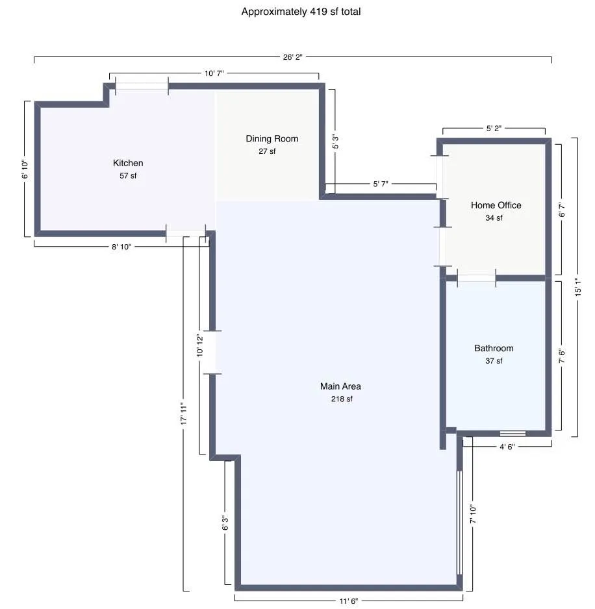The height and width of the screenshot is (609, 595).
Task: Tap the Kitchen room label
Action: click(x=128, y=163)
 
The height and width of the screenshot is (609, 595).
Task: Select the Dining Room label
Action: click(x=272, y=138)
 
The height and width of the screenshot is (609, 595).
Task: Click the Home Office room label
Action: click(x=496, y=205)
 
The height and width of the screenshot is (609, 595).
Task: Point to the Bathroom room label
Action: click(x=494, y=348)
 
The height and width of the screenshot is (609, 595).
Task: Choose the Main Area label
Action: click(x=340, y=386)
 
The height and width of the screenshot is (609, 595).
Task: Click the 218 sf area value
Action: click(x=341, y=399)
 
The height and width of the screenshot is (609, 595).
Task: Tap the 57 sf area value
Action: click(x=128, y=176)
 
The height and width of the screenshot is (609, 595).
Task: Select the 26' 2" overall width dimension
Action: click(x=292, y=57)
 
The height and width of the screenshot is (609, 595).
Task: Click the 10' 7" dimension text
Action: click(x=214, y=73)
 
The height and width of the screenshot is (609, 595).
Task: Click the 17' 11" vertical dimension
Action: click(x=184, y=413)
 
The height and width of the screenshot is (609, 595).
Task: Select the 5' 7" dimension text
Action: click(x=380, y=184)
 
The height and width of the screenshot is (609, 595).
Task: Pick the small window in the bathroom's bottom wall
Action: click(x=513, y=433)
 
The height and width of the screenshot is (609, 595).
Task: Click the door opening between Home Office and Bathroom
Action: click(x=476, y=278)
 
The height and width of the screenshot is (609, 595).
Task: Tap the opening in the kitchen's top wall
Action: click(x=142, y=86)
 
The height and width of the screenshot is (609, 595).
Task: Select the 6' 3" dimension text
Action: click(x=225, y=523)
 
